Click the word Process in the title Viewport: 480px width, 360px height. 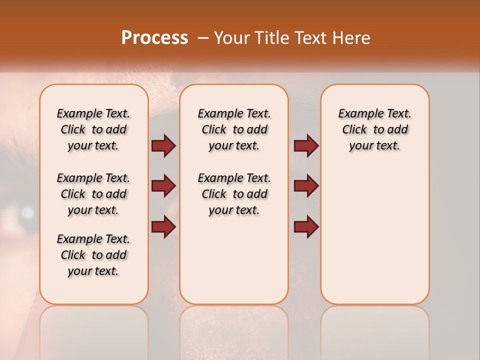[x=154, y=37]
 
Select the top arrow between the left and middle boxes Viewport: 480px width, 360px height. [x=163, y=145]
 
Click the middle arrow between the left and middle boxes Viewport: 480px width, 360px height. [x=163, y=186]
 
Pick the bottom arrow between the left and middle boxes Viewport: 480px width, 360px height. [x=163, y=226]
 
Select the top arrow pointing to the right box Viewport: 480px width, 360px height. [x=306, y=145]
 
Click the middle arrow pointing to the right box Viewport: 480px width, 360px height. [x=306, y=186]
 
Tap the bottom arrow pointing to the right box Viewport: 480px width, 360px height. [x=306, y=226]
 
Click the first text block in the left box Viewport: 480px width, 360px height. [x=93, y=129]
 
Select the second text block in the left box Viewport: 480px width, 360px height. [x=93, y=194]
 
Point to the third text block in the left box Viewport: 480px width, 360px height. [x=93, y=255]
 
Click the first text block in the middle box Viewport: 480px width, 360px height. [x=234, y=129]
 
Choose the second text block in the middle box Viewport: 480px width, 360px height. [x=234, y=194]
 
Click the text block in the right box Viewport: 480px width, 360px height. [x=374, y=129]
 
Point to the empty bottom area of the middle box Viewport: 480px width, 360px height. [x=234, y=265]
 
